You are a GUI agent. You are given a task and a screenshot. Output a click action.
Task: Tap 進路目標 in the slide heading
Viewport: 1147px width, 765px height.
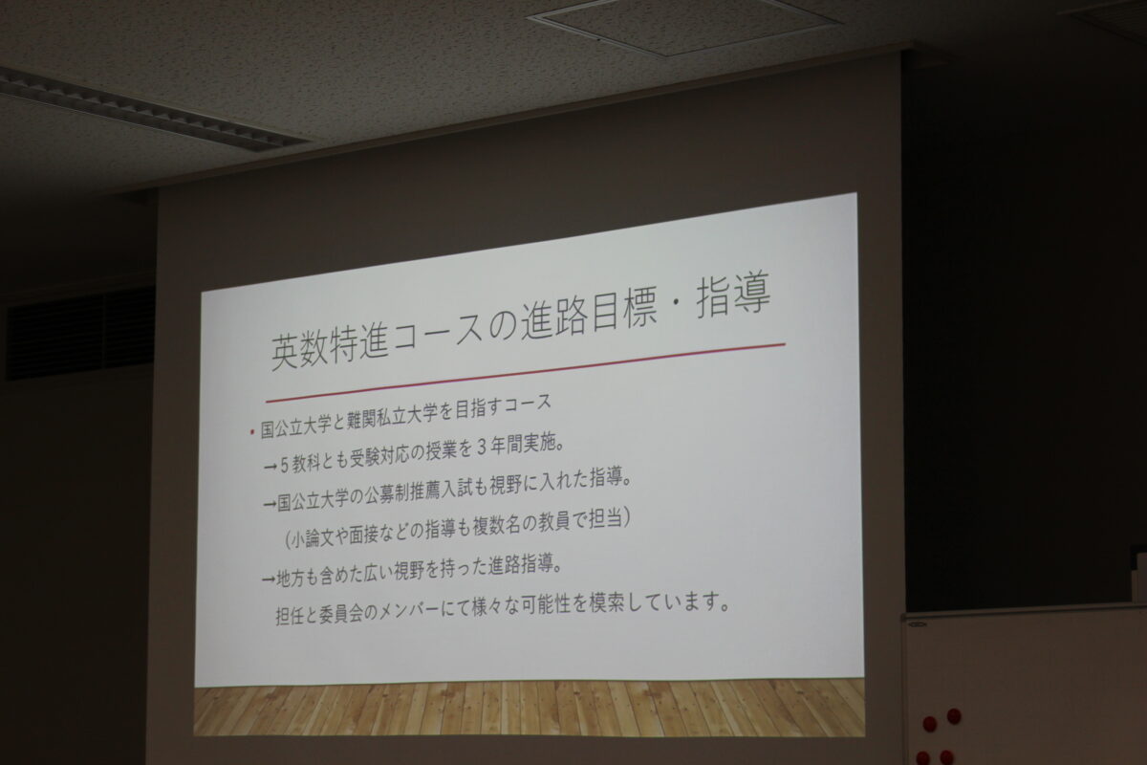tap(589, 317)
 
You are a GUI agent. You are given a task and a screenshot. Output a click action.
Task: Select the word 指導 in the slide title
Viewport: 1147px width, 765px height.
tap(733, 296)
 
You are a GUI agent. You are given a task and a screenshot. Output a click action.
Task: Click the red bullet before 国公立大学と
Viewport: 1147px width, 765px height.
tap(251, 432)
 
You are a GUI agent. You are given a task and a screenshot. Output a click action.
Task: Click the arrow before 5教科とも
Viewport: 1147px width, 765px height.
tap(271, 466)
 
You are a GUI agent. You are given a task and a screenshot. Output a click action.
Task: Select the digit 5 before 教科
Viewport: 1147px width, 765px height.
tap(285, 465)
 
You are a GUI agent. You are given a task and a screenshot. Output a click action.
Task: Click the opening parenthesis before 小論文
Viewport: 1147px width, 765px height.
tap(288, 540)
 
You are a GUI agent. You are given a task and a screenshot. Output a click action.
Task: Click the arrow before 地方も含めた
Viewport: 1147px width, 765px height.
tap(269, 579)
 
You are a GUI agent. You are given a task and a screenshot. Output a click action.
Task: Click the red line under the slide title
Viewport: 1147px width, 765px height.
tap(526, 373)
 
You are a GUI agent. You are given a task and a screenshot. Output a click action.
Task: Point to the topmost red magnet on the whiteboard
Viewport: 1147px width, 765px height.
tap(954, 715)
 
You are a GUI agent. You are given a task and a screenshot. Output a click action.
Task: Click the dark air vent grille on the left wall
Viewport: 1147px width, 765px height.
tap(80, 334)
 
